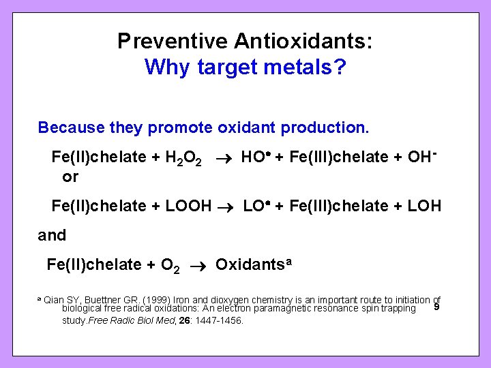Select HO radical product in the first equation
pos(257,157)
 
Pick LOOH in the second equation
pos(189,206)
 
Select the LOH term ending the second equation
pos(424,206)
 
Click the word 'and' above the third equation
pos(53,236)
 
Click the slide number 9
pos(436,307)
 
